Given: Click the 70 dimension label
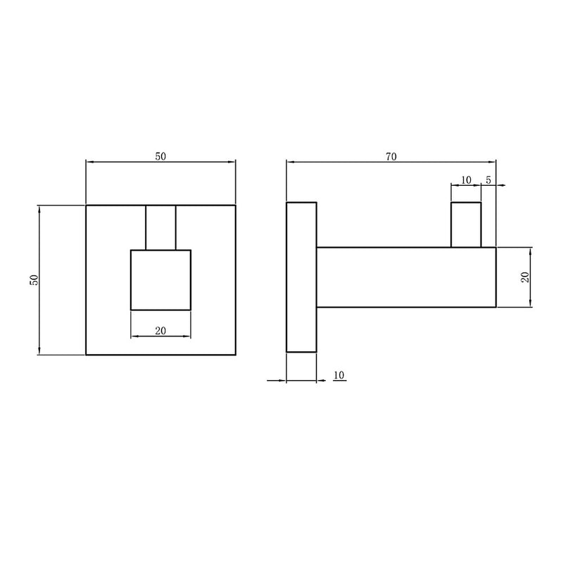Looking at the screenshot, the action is (391, 156).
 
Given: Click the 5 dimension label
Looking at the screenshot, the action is (488, 180).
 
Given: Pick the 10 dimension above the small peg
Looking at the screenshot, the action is (466, 180).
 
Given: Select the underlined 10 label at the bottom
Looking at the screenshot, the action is (339, 375).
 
